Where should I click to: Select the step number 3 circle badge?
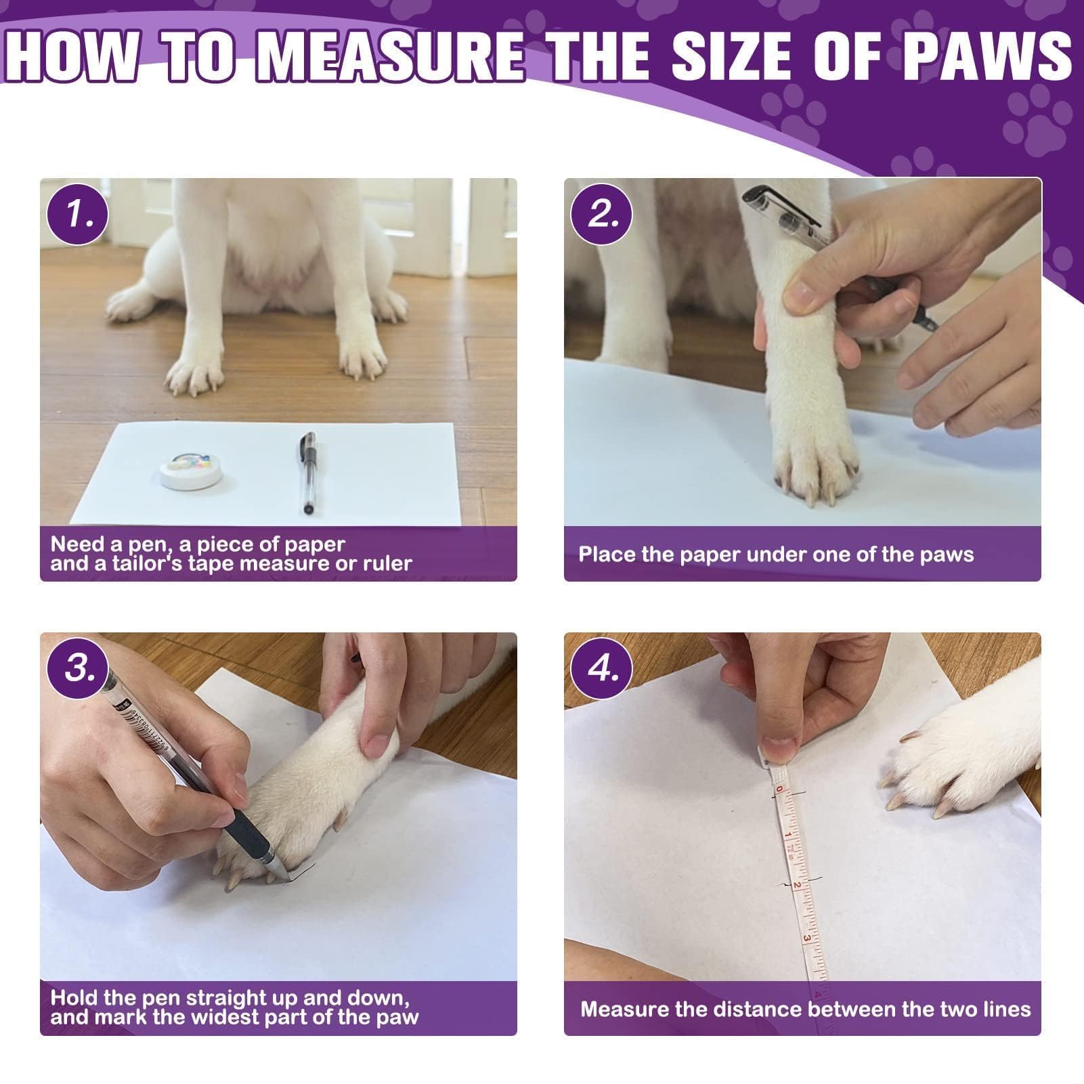pyautogui.click(x=77, y=668)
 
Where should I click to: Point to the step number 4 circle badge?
pyautogui.click(x=601, y=668)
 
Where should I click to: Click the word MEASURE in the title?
pyautogui.click(x=390, y=56)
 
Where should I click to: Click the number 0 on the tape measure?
pyautogui.click(x=779, y=789)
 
